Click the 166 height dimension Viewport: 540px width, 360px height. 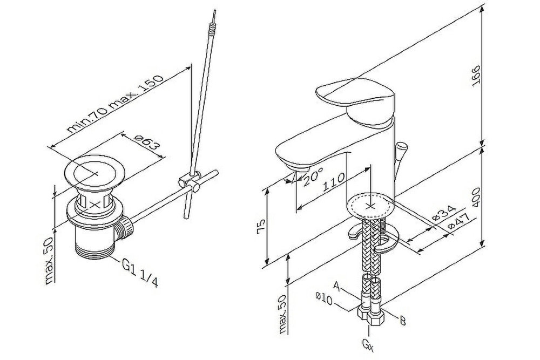click(x=477, y=77)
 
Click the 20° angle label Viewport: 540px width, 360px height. click(x=313, y=176)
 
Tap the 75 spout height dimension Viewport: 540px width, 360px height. click(x=261, y=226)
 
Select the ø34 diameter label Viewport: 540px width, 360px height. click(x=444, y=213)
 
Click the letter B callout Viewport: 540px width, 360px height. click(x=402, y=321)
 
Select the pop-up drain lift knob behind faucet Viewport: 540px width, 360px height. click(x=400, y=150)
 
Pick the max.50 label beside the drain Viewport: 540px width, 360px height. click(x=49, y=261)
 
